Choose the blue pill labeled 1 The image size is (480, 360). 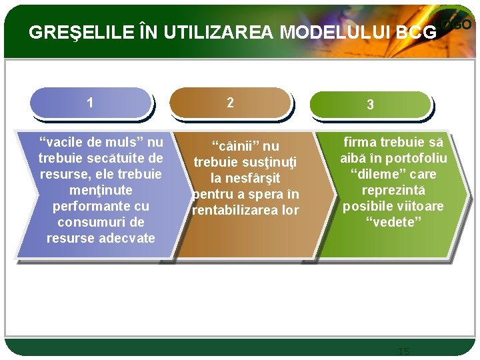click(91, 103)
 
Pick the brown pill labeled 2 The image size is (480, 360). click(230, 103)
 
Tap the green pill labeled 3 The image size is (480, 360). click(370, 105)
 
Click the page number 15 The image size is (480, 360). click(403, 351)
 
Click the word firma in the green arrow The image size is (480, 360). click(361, 142)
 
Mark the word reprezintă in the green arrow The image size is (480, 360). click(393, 190)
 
